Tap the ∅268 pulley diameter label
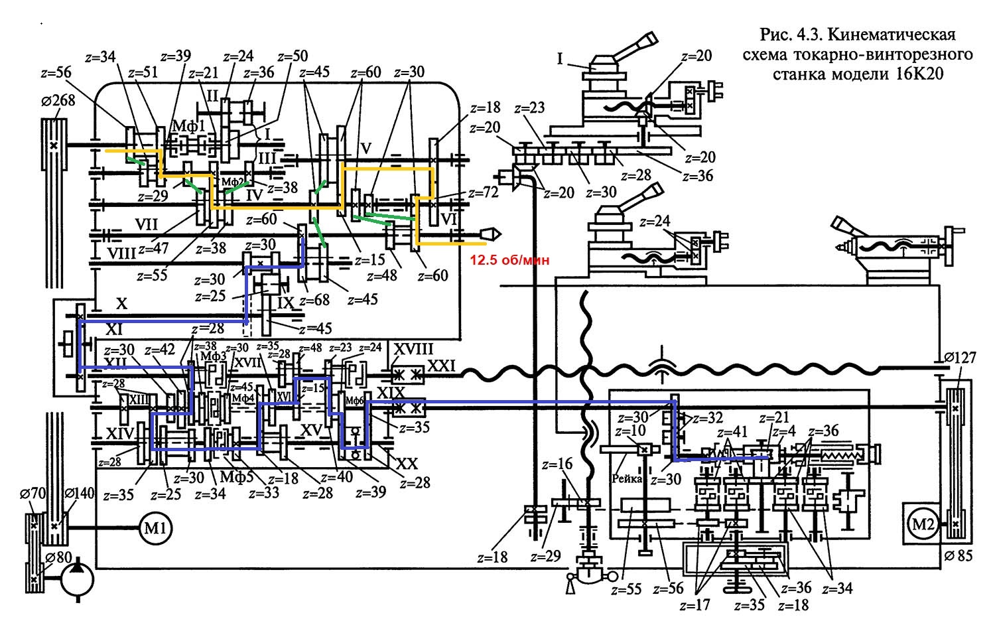tap(58, 100)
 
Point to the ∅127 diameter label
tap(959, 358)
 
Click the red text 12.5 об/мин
tap(510, 260)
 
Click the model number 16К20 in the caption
tap(915, 74)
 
